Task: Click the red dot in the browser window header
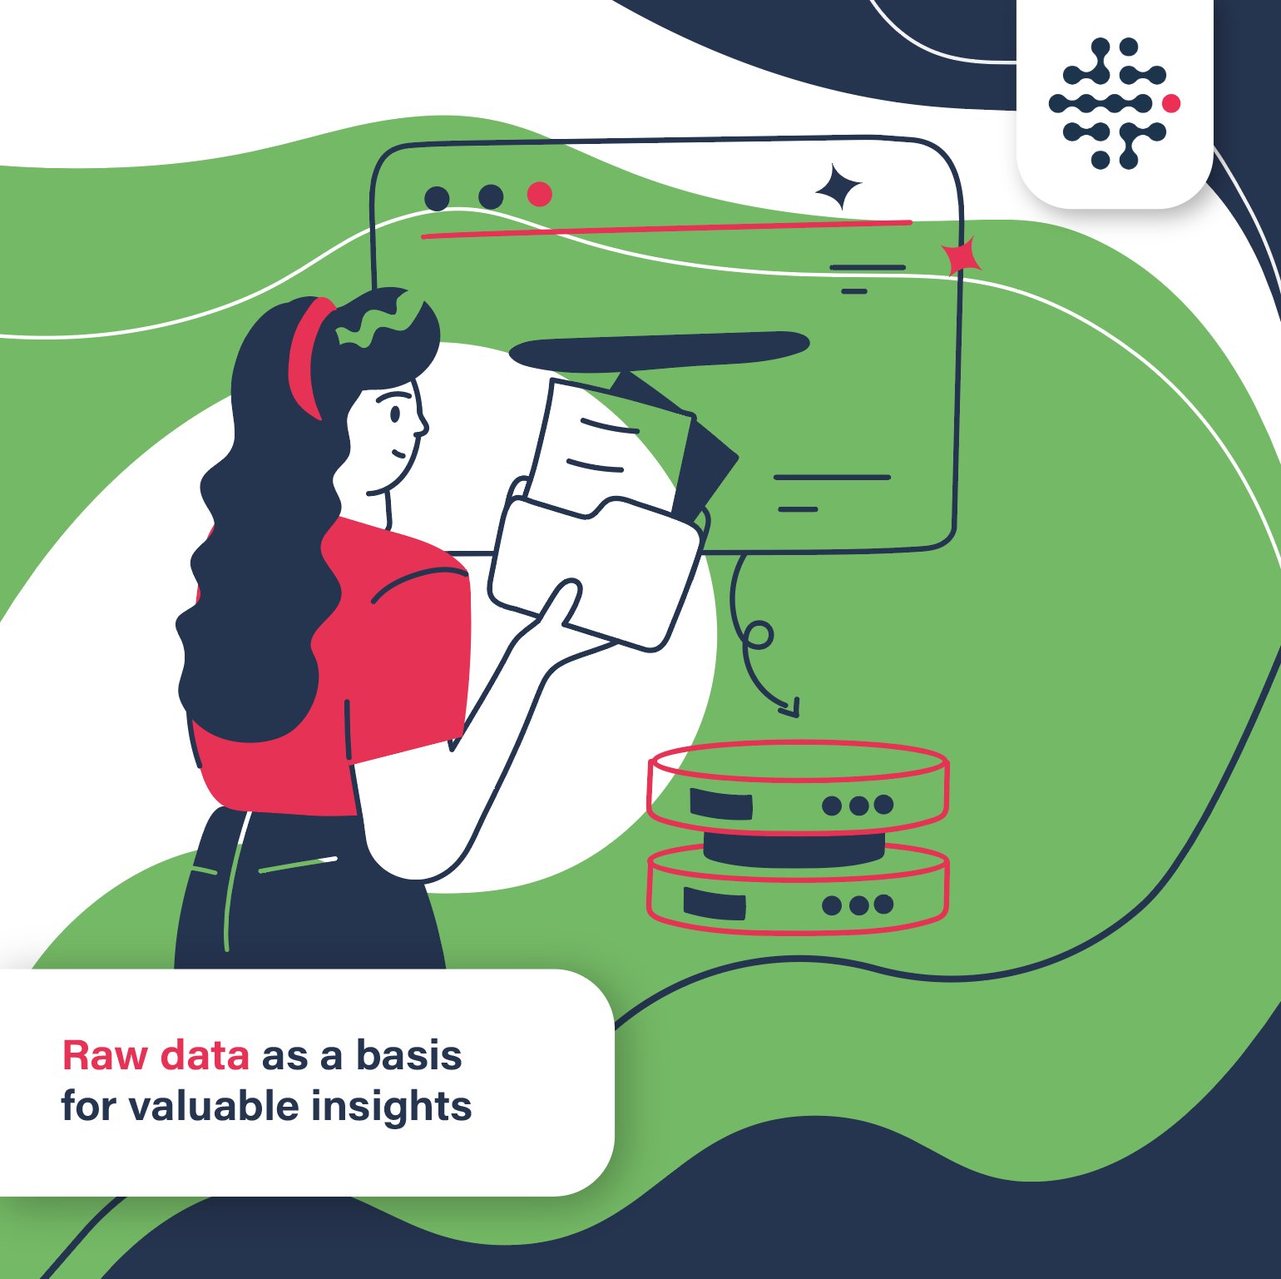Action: (540, 195)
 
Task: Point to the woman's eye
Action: (396, 412)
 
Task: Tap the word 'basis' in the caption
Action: (408, 1055)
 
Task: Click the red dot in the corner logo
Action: (1171, 103)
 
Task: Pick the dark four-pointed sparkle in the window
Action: (838, 186)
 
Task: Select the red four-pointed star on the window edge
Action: (962, 256)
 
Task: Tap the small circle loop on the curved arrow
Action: (759, 635)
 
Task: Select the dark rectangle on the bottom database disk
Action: (715, 903)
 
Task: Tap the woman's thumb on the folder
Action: (560, 601)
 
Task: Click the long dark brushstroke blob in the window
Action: (657, 350)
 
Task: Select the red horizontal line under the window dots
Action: (665, 230)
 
